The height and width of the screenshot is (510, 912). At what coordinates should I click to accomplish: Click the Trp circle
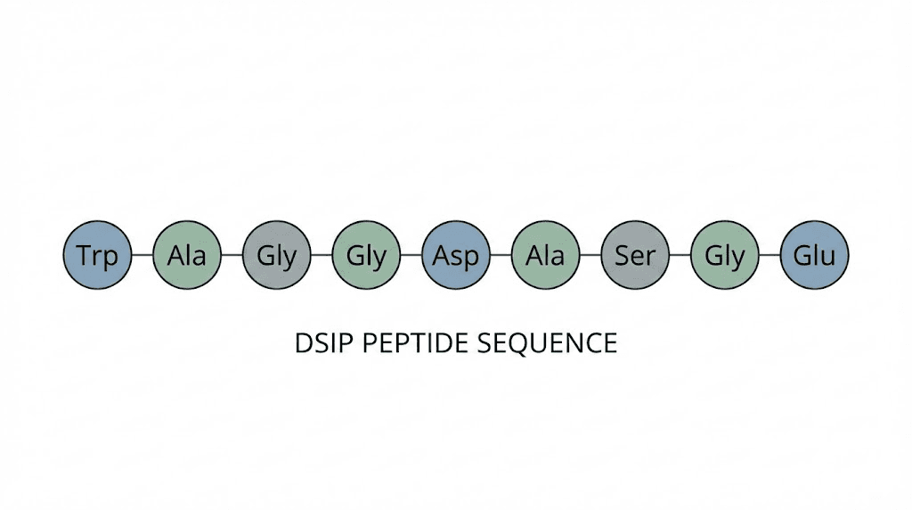[x=97, y=256]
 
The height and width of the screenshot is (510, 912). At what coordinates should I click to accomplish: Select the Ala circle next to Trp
[x=187, y=256]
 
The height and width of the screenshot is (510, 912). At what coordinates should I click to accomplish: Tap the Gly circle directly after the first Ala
[x=276, y=256]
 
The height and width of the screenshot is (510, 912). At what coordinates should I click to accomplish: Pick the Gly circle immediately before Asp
[x=366, y=256]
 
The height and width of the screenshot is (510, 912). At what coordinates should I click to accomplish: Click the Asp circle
[x=456, y=256]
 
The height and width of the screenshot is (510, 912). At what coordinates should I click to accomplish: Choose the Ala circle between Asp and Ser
[x=545, y=256]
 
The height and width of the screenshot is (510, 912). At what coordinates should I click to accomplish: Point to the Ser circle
[x=635, y=256]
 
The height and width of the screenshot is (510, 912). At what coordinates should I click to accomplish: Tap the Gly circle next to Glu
[x=725, y=256]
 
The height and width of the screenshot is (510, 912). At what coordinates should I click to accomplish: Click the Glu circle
[x=815, y=256]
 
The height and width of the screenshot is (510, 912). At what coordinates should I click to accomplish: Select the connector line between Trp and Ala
[x=142, y=255]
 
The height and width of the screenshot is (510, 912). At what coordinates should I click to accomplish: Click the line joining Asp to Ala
[x=501, y=255]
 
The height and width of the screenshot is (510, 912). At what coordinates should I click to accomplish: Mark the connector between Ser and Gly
[x=680, y=255]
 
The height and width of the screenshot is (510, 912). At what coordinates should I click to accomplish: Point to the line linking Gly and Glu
[x=769, y=255]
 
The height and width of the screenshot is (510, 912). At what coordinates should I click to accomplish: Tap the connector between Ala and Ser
[x=590, y=255]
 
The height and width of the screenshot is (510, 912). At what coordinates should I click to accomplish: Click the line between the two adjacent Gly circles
[x=322, y=255]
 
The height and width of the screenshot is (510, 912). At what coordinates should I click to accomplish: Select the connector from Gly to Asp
[x=411, y=255]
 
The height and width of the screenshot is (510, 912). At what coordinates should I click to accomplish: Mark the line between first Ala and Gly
[x=232, y=255]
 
